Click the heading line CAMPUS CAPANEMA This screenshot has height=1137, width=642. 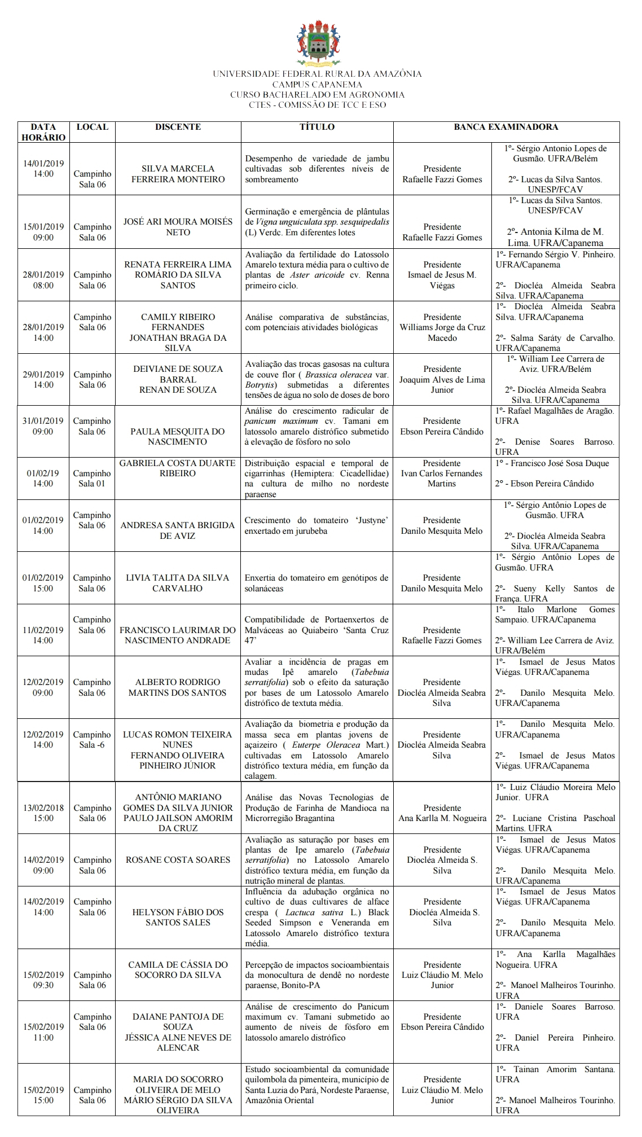coord(317,85)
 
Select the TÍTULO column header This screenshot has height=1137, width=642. coord(317,128)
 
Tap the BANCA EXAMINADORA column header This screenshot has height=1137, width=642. coord(506,128)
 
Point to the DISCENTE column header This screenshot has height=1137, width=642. coord(178,128)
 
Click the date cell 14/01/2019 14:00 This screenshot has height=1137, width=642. coord(43,169)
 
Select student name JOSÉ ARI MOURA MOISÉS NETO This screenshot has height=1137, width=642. coord(178,227)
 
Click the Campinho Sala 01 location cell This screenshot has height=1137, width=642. coord(92,478)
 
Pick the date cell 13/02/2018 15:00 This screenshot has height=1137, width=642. coord(43,813)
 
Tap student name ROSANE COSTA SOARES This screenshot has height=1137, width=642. coord(178,860)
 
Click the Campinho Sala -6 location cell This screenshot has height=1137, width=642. coord(92,740)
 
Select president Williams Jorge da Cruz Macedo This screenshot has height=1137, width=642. coord(442,328)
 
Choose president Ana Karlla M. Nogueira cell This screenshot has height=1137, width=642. coord(442,813)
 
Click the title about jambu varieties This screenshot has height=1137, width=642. coord(317,169)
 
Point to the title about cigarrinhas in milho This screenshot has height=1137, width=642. coord(317,478)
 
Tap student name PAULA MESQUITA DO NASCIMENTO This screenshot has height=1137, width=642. coord(178,436)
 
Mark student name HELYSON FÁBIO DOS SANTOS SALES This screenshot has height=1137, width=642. coord(178,917)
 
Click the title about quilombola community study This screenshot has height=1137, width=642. coord(317,1085)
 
